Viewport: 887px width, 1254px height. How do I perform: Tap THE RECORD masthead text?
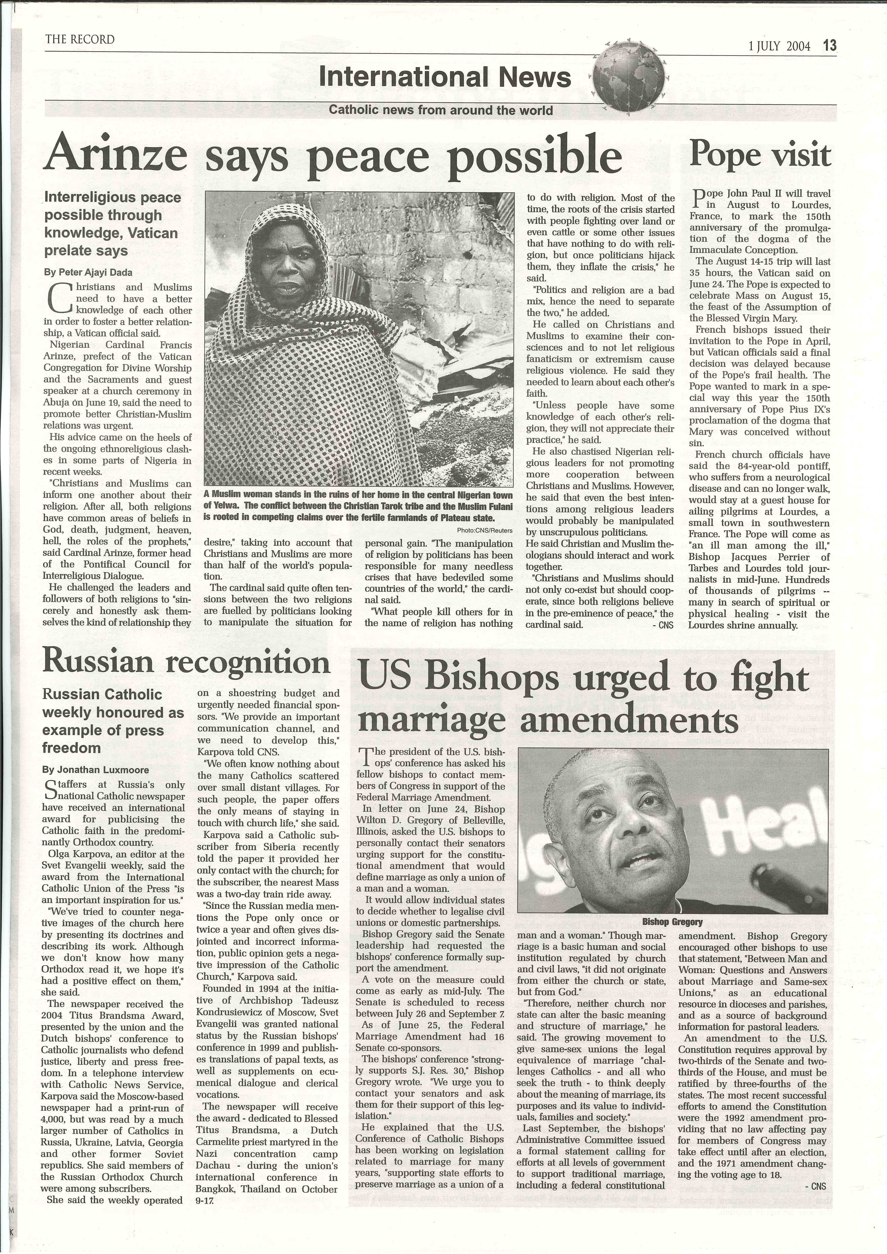click(80, 39)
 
